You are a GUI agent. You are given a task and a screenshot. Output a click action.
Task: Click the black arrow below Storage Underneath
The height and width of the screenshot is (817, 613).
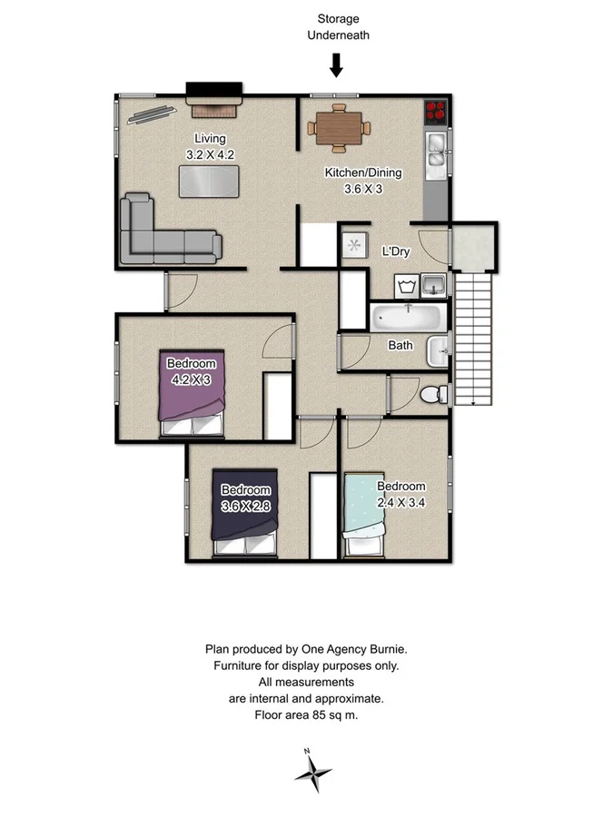[x=336, y=65]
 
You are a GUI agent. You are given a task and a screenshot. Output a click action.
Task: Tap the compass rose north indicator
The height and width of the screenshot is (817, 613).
[x=313, y=772]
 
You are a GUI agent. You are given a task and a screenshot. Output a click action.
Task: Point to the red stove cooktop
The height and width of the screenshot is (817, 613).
[x=437, y=112]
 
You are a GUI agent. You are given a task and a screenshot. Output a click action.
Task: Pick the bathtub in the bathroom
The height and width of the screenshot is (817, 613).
[x=408, y=319]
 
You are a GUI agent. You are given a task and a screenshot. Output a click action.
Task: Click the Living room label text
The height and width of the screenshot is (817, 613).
[x=203, y=138]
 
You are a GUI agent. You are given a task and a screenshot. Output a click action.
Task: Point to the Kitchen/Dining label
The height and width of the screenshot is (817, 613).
[x=363, y=172]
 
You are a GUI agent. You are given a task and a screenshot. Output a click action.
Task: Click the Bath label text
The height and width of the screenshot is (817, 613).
[x=400, y=345]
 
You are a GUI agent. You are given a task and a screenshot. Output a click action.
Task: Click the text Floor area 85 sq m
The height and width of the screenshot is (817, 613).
[x=306, y=715]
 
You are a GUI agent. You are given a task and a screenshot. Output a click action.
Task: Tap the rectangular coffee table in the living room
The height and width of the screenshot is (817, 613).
[x=209, y=181]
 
